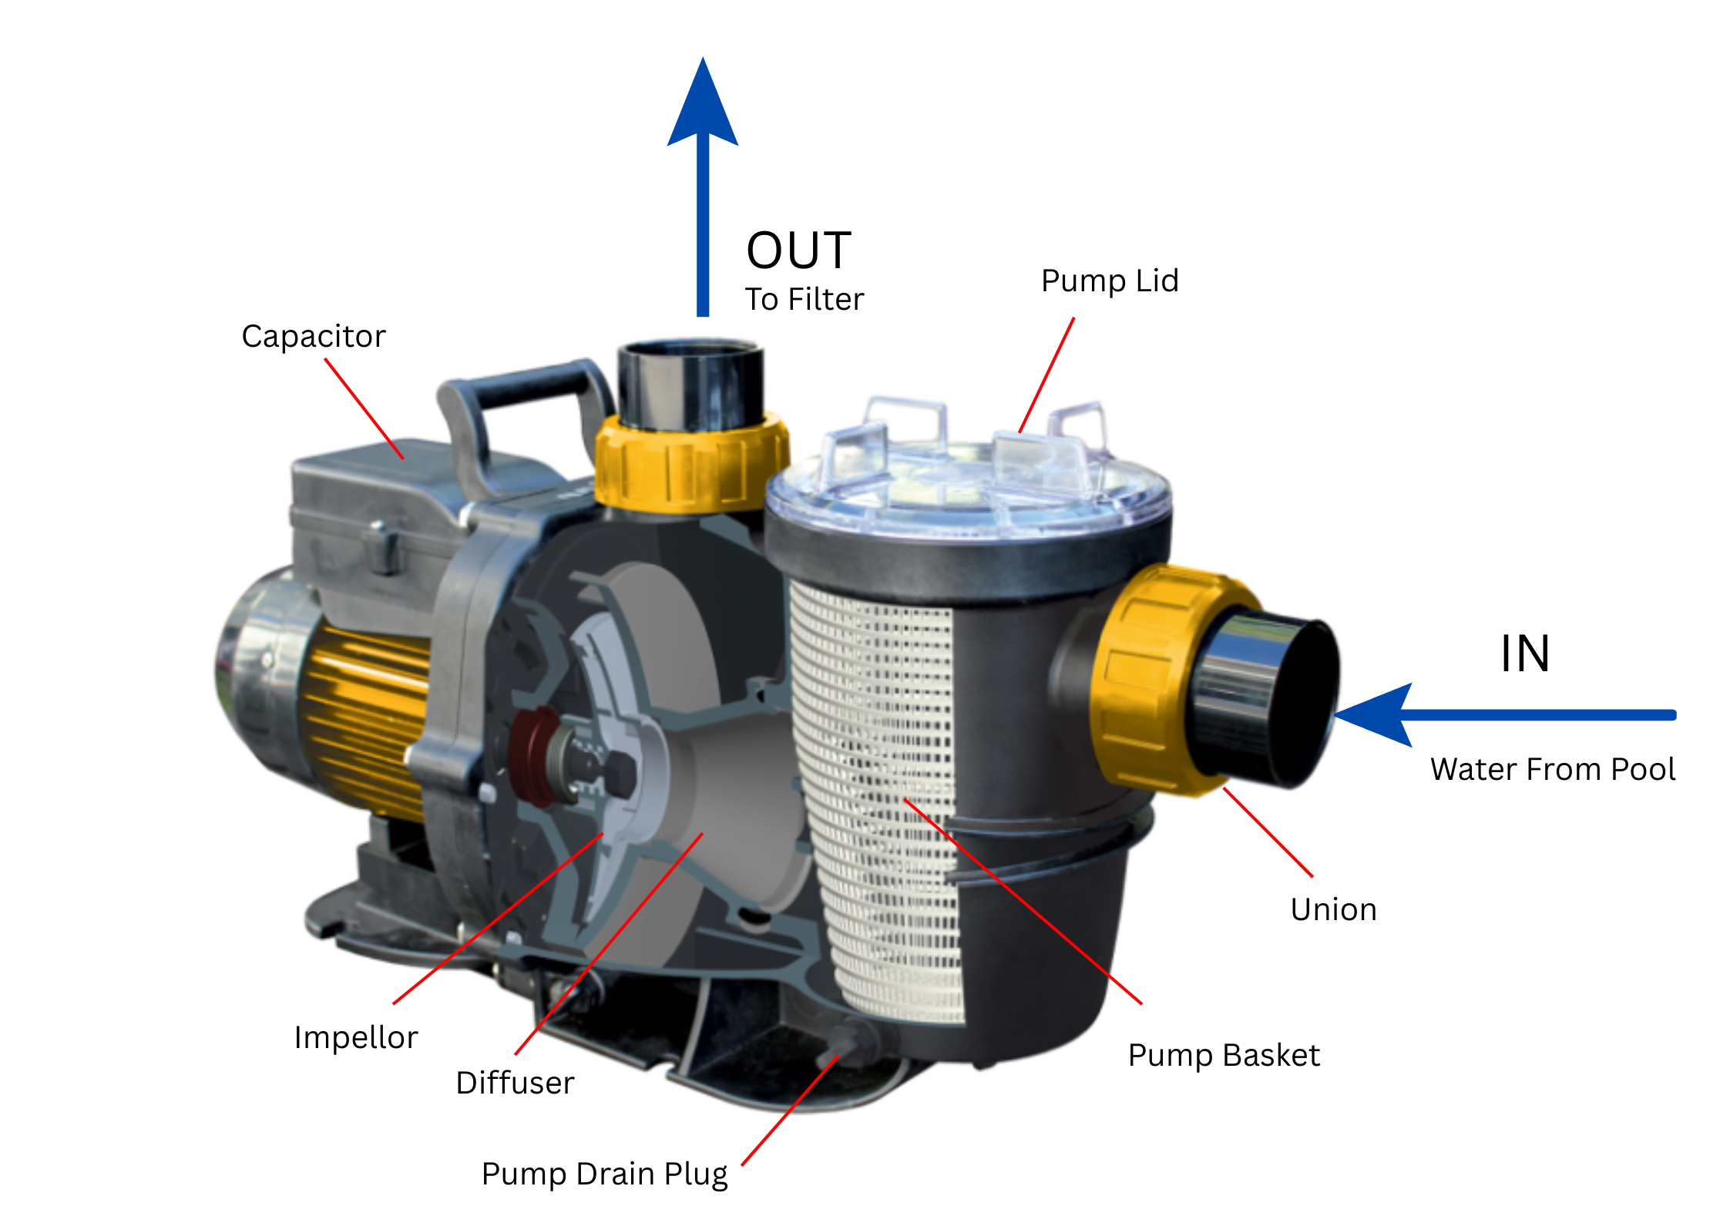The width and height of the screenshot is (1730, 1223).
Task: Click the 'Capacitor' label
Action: [x=313, y=337]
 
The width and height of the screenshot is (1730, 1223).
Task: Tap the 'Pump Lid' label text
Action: [x=1109, y=281]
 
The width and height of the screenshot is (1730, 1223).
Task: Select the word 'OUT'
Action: [x=798, y=250]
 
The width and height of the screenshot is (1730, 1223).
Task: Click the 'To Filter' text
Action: [x=804, y=299]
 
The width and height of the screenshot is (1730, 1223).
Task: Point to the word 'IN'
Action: [x=1524, y=654]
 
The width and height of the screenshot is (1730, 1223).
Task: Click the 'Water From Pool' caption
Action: [x=1552, y=769]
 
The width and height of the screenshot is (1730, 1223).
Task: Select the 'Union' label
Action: [x=1333, y=910]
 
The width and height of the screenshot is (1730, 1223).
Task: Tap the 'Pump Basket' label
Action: [x=1223, y=1055]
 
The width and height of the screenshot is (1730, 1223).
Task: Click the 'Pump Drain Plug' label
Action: [x=604, y=1174]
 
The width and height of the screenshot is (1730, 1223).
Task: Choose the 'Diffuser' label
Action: [x=515, y=1083]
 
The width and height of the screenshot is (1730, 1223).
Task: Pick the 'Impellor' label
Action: [x=355, y=1037]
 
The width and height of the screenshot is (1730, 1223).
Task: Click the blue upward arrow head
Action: [x=702, y=104]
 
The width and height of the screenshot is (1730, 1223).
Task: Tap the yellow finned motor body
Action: [x=362, y=717]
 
